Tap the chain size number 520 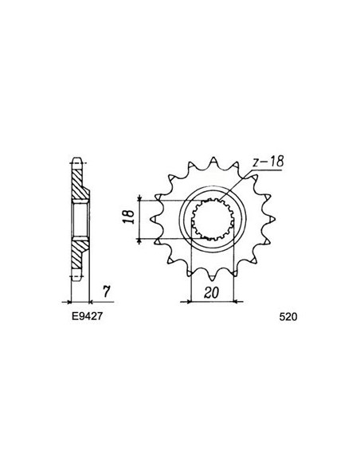[x=289, y=315]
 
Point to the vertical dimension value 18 [x=128, y=218]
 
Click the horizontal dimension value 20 [x=211, y=292]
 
